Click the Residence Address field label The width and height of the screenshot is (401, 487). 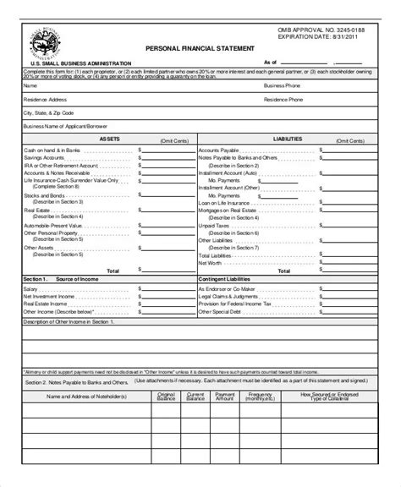(x=42, y=98)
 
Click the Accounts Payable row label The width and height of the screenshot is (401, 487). (x=217, y=149)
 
